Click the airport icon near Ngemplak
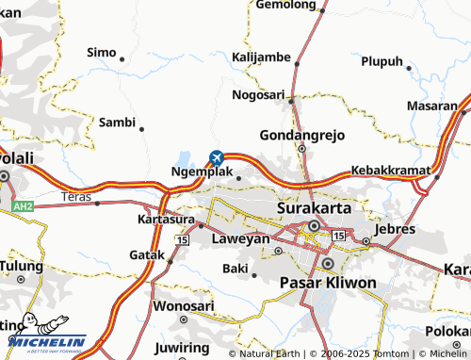(x=218, y=156)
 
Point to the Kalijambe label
(x=261, y=57)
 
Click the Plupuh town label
(x=382, y=62)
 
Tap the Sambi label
(x=118, y=122)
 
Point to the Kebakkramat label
(x=390, y=170)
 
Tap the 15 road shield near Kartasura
(x=181, y=241)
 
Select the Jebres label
(x=394, y=229)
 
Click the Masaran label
(x=439, y=106)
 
